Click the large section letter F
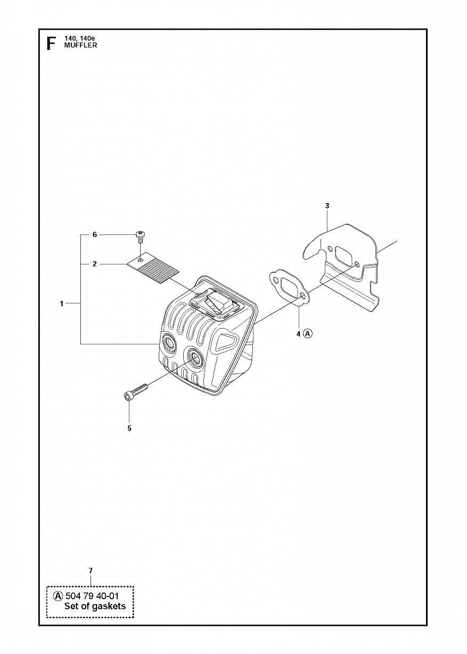tap(51, 44)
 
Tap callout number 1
tap(62, 304)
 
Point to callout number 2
tap(94, 264)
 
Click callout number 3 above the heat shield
tap(327, 206)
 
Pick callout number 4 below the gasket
tap(298, 334)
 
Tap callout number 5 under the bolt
tap(129, 429)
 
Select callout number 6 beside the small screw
tap(94, 234)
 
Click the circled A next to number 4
tap(308, 333)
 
